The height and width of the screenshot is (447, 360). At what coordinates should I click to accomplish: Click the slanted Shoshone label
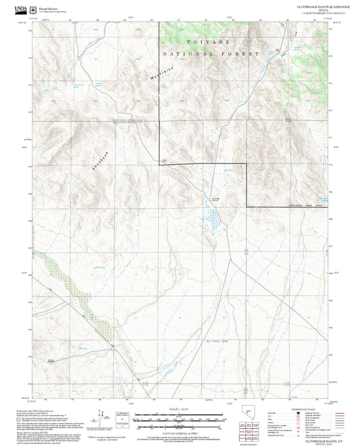[x=98, y=159]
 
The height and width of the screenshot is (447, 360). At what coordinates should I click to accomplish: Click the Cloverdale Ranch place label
[x=215, y=198]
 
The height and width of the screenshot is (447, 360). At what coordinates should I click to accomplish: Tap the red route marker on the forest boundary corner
[x=164, y=160]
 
